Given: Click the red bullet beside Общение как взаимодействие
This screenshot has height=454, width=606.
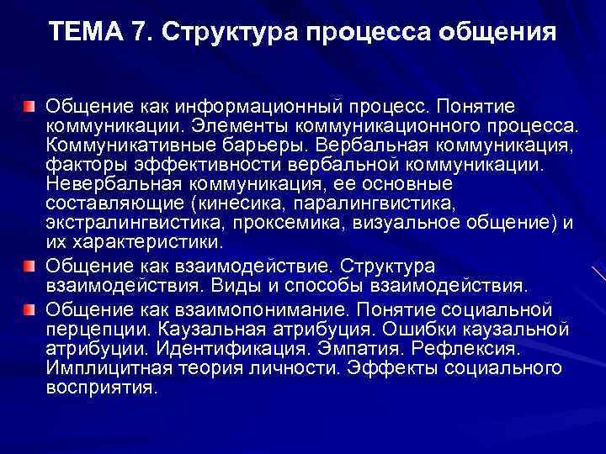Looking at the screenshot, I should pos(29,266).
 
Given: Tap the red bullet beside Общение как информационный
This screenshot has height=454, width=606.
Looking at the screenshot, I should pos(29,107).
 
